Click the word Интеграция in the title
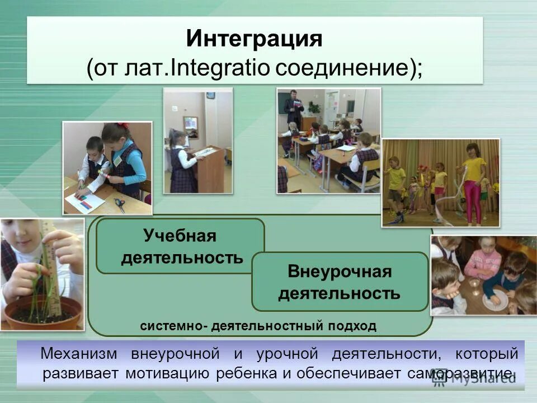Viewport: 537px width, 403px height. (255, 40)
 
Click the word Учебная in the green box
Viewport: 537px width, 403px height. (180, 236)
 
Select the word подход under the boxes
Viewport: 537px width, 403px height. (354, 326)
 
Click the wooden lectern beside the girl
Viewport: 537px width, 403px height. (211, 168)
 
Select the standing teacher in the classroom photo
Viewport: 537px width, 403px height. (291, 106)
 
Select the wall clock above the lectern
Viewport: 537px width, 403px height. (210, 96)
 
